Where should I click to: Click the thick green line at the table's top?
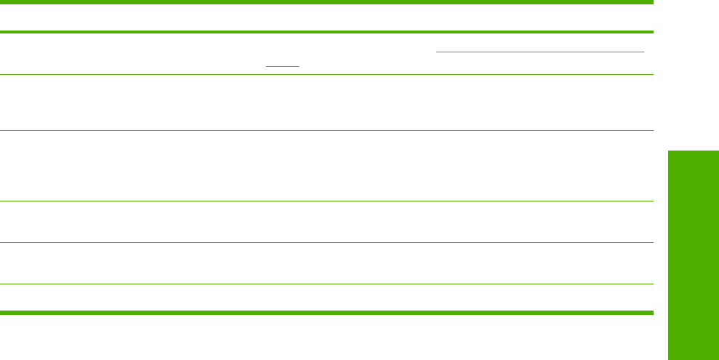pos(326,3)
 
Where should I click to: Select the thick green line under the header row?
pos(326,32)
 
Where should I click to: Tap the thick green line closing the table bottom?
pos(326,313)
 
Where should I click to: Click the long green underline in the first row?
pos(539,52)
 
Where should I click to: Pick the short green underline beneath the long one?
pos(283,66)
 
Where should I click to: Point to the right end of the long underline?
pos(644,52)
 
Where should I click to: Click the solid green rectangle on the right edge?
pos(692,255)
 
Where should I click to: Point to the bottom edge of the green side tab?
pos(692,359)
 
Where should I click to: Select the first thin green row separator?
pos(326,75)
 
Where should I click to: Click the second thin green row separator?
pos(326,131)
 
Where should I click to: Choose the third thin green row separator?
pos(326,201)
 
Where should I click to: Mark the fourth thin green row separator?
pos(326,242)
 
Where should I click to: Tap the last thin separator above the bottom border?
pos(326,284)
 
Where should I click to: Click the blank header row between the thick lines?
pos(326,17)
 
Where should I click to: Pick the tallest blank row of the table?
pos(326,166)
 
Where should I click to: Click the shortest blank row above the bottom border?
pos(326,298)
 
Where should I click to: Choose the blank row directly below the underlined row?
pos(326,103)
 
